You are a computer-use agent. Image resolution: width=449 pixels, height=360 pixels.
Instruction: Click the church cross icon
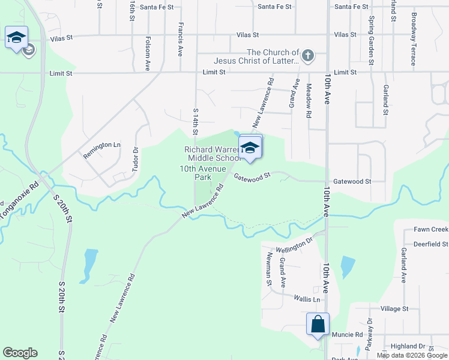pos(307,56)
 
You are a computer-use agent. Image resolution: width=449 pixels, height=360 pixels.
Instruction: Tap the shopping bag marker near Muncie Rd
pos(318,325)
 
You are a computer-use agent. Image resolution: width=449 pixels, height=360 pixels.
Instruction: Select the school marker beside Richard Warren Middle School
pos(250,147)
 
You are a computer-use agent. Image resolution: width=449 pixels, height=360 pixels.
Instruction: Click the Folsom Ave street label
pos(147,53)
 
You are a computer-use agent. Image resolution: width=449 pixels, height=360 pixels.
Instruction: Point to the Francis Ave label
pos(180,40)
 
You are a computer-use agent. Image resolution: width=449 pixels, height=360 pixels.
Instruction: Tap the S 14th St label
pos(195,121)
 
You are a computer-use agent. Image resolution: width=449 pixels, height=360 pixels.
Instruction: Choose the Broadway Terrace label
pos(414,39)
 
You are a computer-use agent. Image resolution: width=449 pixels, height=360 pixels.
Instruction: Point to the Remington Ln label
pos(102,145)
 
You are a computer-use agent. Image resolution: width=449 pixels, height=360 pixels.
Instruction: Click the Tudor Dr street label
pos(136,157)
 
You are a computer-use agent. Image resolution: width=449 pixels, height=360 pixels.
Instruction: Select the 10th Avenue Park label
pos(203,173)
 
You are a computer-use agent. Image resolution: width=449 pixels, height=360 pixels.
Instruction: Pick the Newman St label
pos(269,268)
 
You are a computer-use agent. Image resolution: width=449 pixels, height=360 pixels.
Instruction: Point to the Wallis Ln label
pos(307,299)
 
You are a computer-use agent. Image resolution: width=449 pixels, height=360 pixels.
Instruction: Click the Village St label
pos(394,308)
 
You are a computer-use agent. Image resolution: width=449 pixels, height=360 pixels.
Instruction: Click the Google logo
pos(20,353)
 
